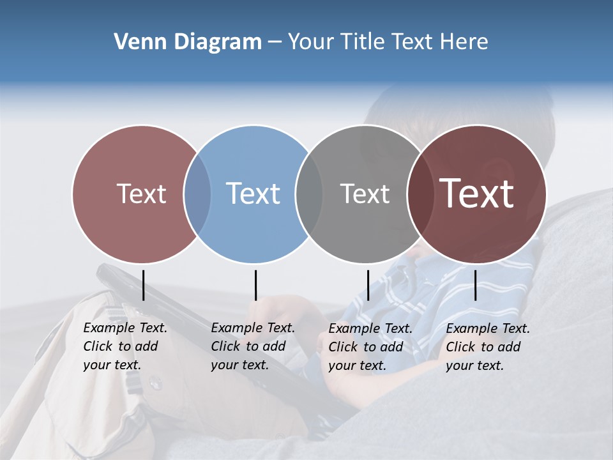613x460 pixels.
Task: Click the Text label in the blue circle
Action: click(254, 194)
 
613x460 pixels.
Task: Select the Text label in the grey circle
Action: click(365, 194)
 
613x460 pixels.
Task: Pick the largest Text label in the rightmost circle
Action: click(477, 194)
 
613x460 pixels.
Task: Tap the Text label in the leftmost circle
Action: click(142, 194)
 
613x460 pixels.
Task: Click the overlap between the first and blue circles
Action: click(197, 194)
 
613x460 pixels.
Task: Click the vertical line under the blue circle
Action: click(255, 285)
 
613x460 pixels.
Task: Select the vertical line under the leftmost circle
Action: click(143, 285)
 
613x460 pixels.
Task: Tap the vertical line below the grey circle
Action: click(368, 285)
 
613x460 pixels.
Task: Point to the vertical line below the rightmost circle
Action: click(476, 285)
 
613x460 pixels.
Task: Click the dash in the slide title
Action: click(275, 42)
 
